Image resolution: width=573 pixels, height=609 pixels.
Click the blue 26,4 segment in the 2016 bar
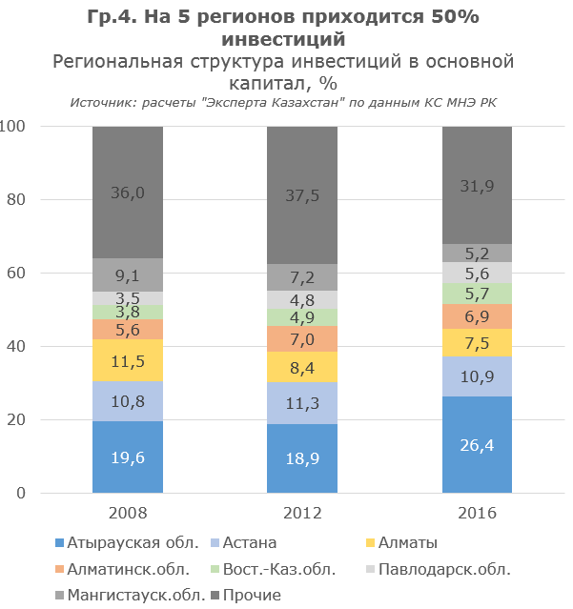coord(477,444)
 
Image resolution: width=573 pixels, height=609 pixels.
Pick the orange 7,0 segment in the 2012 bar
coord(301,339)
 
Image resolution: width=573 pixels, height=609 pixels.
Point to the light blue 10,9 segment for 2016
coord(477,376)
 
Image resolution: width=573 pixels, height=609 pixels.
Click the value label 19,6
coord(128,458)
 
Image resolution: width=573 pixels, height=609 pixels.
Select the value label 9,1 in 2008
coord(128,276)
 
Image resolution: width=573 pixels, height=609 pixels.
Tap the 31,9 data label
coord(477,187)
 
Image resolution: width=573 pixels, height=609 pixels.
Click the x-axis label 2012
coord(301,513)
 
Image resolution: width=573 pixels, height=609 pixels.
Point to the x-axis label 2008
coord(128,513)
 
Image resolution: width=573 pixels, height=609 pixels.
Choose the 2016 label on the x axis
coord(477,513)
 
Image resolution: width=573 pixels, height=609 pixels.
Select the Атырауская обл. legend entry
coord(132,543)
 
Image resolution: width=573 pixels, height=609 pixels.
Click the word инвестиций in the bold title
coord(281,39)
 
